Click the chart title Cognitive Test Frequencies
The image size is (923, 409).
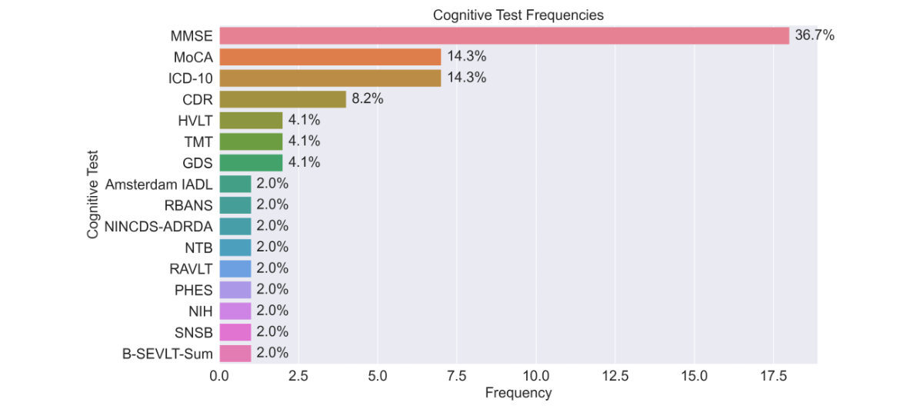pos(518,15)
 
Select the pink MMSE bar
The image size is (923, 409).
pos(504,36)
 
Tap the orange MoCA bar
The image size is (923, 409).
pos(330,57)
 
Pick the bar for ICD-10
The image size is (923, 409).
pos(330,78)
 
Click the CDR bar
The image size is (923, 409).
pos(282,99)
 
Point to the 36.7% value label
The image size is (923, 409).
pos(814,36)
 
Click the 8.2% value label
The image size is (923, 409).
pos(368,99)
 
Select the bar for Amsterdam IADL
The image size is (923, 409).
pos(235,184)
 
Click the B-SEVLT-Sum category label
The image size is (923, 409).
pos(167,353)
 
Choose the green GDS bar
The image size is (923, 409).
pos(251,163)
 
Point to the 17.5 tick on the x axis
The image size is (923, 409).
pos(774,377)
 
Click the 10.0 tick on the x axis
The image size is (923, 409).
pos(535,377)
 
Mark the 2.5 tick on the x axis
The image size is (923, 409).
pos(298,377)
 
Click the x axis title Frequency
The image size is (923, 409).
pos(518,394)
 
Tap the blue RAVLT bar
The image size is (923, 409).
pos(235,268)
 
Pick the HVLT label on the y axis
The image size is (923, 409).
pos(195,121)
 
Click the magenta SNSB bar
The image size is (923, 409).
pos(235,332)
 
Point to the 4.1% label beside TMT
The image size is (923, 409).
pos(304,141)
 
